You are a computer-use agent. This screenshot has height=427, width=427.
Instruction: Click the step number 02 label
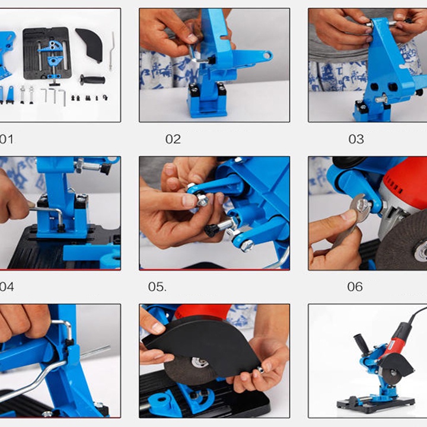[173, 139]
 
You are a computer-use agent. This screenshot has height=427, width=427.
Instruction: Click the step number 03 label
[356, 139]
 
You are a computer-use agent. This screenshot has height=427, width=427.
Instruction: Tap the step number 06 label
[355, 287]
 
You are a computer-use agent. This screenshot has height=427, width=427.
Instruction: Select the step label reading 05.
[157, 287]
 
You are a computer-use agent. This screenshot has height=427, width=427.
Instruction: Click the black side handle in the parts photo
[93, 80]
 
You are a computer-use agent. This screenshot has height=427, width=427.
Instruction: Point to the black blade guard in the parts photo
[90, 43]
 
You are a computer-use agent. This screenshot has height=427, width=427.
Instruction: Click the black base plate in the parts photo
[47, 53]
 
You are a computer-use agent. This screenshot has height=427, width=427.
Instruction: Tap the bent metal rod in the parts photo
[111, 51]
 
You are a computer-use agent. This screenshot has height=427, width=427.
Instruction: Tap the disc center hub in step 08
[200, 362]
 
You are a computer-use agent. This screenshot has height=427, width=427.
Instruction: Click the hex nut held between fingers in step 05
[202, 200]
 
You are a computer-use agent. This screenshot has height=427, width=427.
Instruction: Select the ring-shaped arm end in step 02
[267, 56]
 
